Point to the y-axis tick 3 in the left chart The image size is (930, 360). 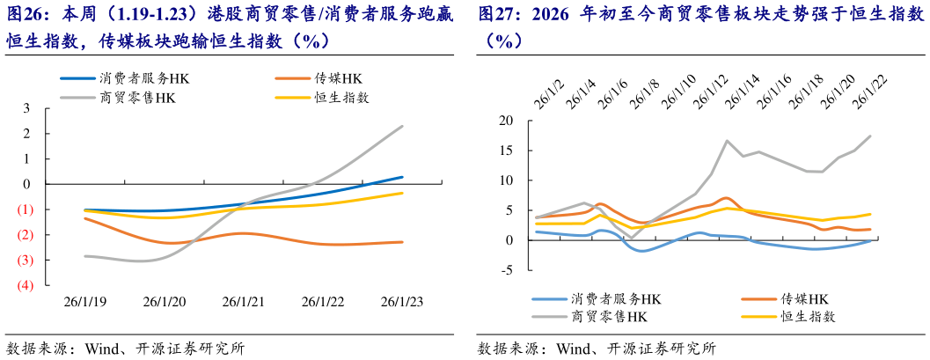[26, 108]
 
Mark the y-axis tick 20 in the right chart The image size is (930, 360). [505, 121]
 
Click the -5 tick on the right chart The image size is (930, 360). [505, 269]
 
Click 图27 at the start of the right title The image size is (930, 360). [497, 15]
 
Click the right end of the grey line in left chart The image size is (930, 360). [403, 126]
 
